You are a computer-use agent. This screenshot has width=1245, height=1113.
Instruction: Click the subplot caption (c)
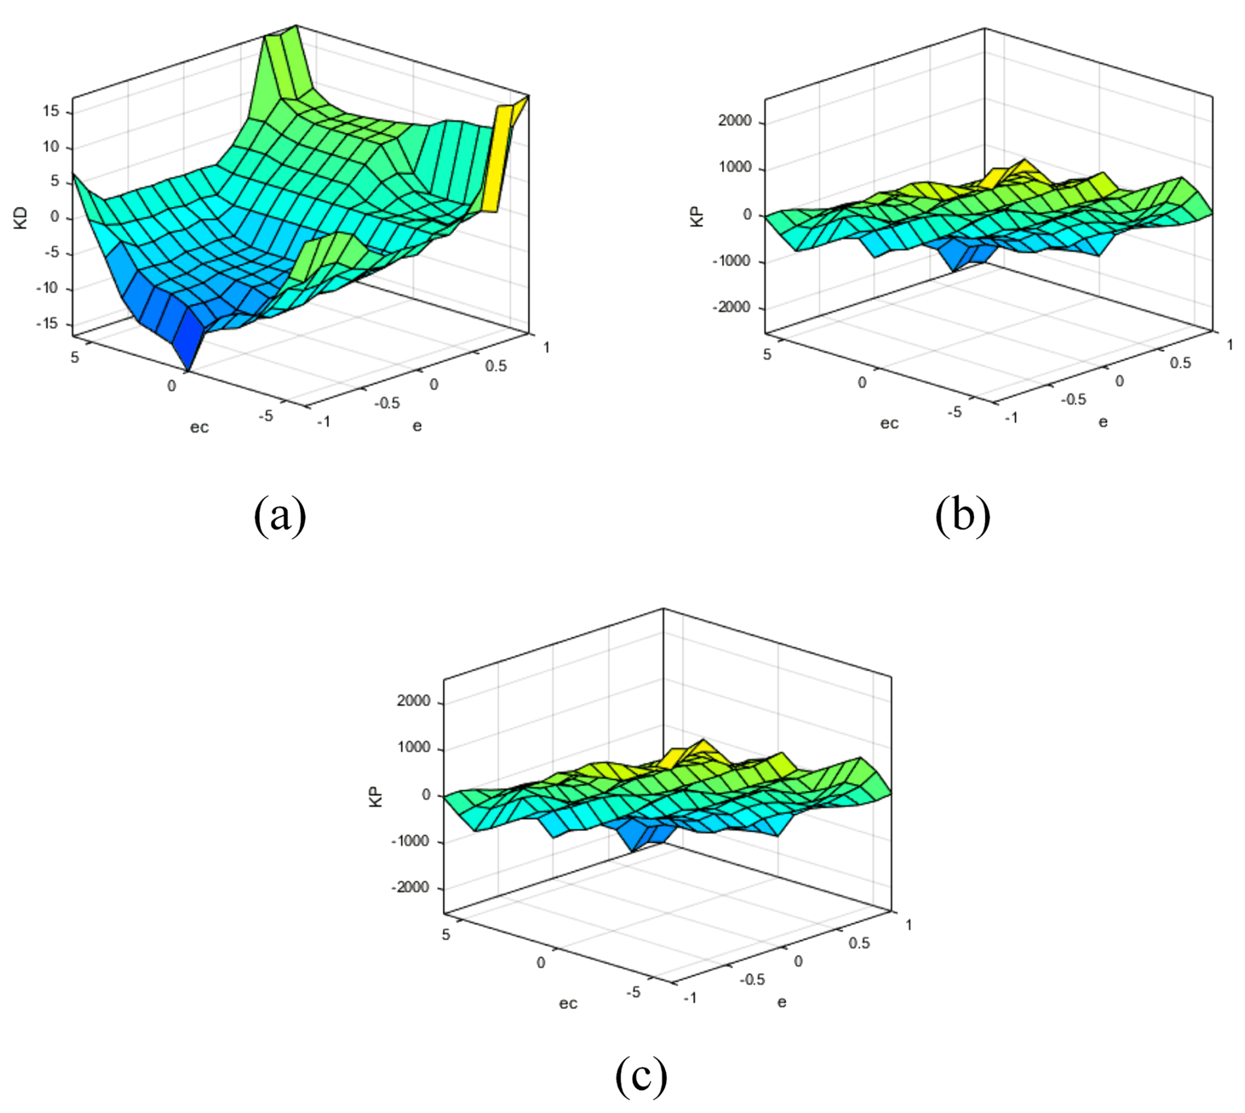pyautogui.click(x=641, y=1076)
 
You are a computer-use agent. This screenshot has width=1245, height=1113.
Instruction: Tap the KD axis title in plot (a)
pyautogui.click(x=21, y=218)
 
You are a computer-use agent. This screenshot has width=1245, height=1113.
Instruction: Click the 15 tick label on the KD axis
pyautogui.click(x=51, y=111)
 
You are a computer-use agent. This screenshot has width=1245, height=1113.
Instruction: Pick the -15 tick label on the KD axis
pyautogui.click(x=46, y=324)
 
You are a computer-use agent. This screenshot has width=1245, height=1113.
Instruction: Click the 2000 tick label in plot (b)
pyautogui.click(x=734, y=121)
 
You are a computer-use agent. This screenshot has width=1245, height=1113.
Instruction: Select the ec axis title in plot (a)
pyautogui.click(x=199, y=428)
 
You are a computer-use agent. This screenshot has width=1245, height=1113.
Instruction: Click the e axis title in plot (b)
pyautogui.click(x=1103, y=422)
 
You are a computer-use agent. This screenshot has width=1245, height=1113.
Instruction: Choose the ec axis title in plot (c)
pyautogui.click(x=568, y=1003)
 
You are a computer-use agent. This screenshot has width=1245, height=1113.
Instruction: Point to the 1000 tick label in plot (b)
pyautogui.click(x=734, y=168)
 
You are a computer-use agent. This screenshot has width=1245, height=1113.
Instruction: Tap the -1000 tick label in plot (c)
pyautogui.click(x=410, y=841)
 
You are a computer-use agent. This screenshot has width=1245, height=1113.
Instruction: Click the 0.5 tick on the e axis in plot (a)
pyautogui.click(x=496, y=366)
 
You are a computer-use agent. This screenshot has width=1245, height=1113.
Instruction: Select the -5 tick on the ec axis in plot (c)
pyautogui.click(x=632, y=991)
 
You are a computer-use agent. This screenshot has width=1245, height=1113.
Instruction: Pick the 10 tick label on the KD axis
pyautogui.click(x=51, y=147)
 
